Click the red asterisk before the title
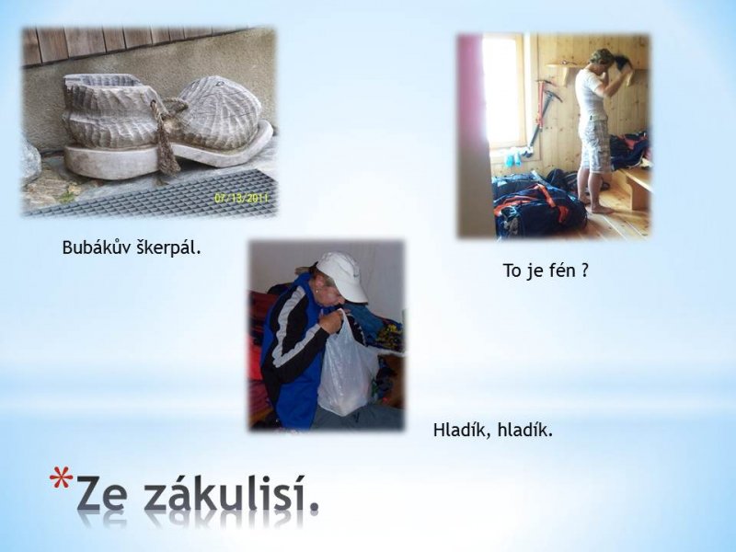pyautogui.click(x=61, y=477)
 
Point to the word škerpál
pyautogui.click(x=168, y=247)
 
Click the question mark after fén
pyautogui.click(x=584, y=270)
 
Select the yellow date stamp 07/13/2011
pyautogui.click(x=241, y=198)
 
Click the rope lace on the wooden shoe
pyautogui.click(x=166, y=136)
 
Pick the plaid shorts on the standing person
pyautogui.click(x=595, y=144)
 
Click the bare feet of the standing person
pyautogui.click(x=597, y=206)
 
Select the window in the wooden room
pyautogui.click(x=503, y=90)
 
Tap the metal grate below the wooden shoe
pyautogui.click(x=155, y=193)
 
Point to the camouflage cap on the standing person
pyautogui.click(x=601, y=56)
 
